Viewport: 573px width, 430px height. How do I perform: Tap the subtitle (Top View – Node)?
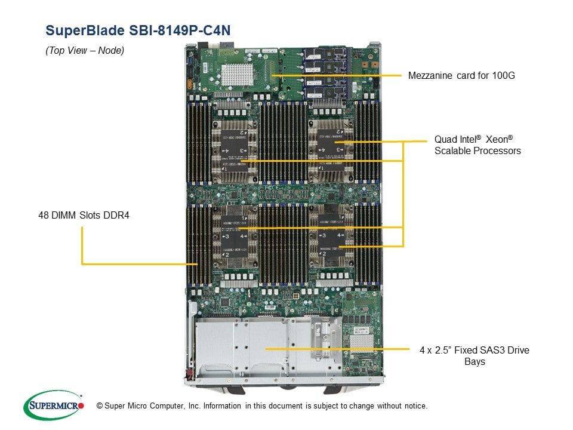(85, 51)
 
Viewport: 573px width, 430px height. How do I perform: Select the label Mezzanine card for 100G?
(461, 76)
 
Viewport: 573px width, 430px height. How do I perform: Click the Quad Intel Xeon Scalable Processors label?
(477, 145)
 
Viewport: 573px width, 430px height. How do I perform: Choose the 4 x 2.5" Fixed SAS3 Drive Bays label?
(474, 355)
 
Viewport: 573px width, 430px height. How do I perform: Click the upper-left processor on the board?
(234, 150)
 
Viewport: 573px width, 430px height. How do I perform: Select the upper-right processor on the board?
(329, 149)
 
